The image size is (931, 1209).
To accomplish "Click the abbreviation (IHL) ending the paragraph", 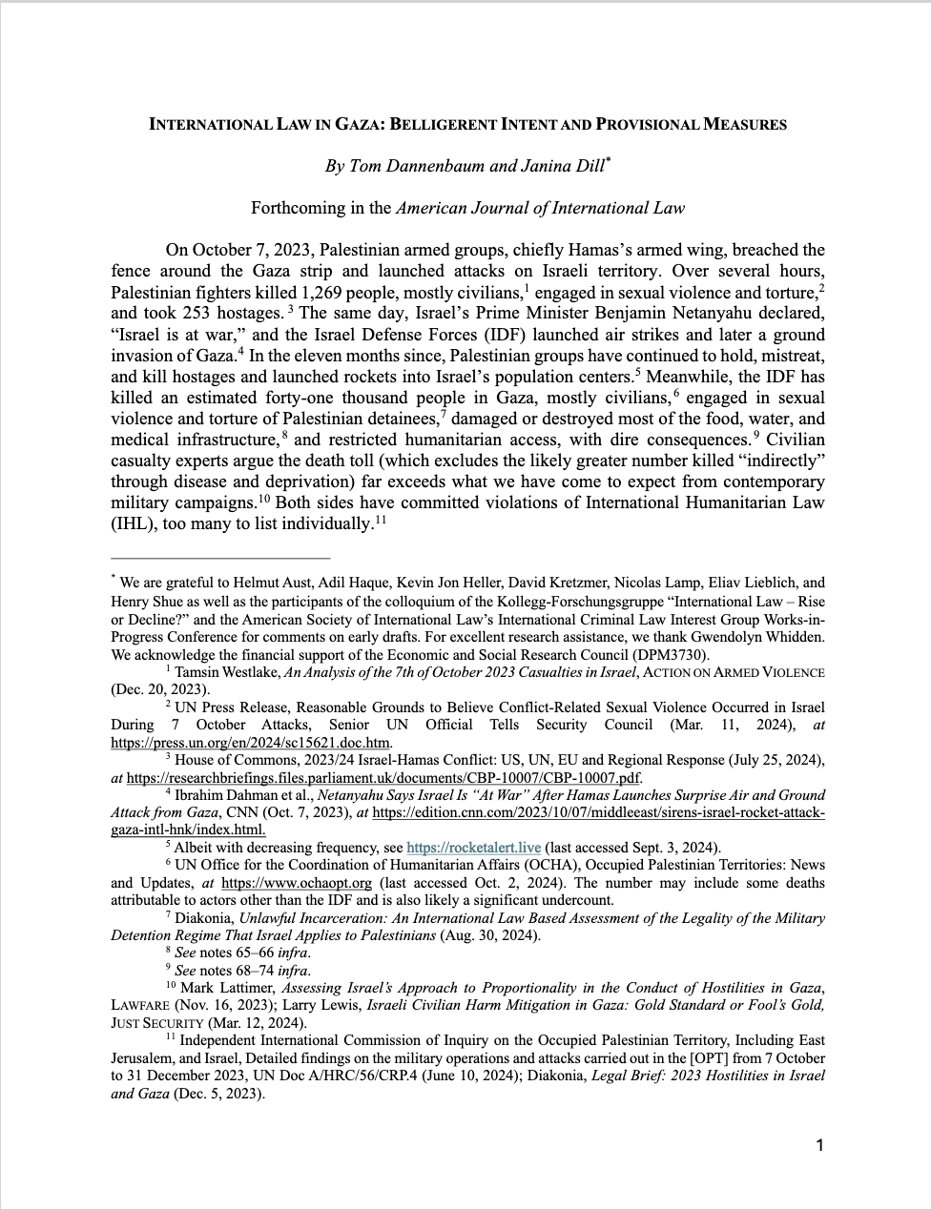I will pos(134,523).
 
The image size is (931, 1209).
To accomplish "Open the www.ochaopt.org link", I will pos(296,882).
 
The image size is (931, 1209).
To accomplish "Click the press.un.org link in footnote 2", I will pos(251,743).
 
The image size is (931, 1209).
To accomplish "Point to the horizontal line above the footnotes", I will pos(220,557).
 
